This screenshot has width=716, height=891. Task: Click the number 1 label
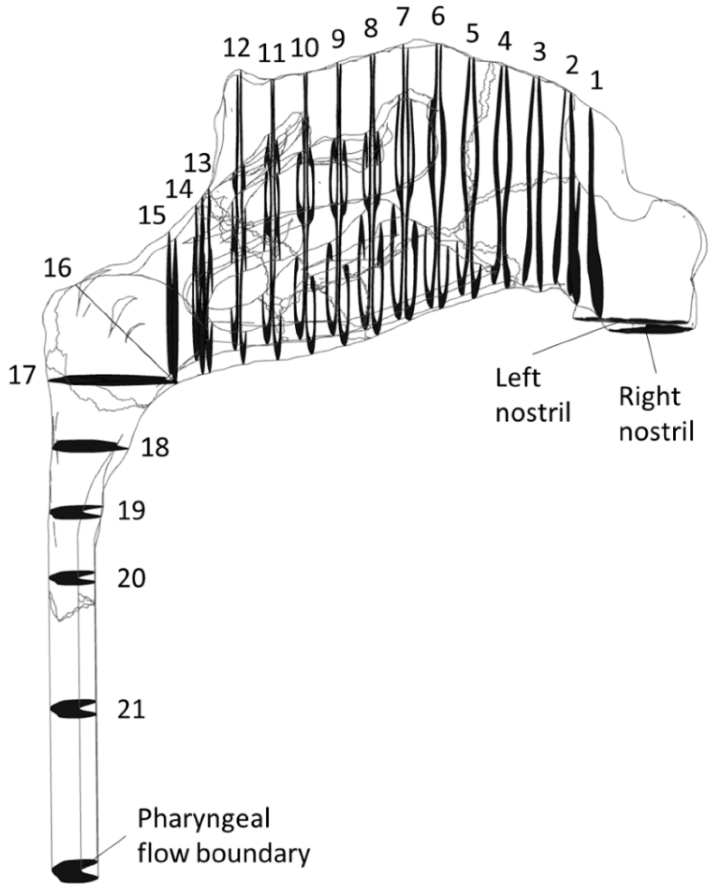(x=596, y=82)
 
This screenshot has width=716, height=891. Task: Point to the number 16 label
(x=58, y=268)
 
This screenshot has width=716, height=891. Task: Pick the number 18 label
(x=155, y=447)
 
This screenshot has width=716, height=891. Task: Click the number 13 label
(x=197, y=164)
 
